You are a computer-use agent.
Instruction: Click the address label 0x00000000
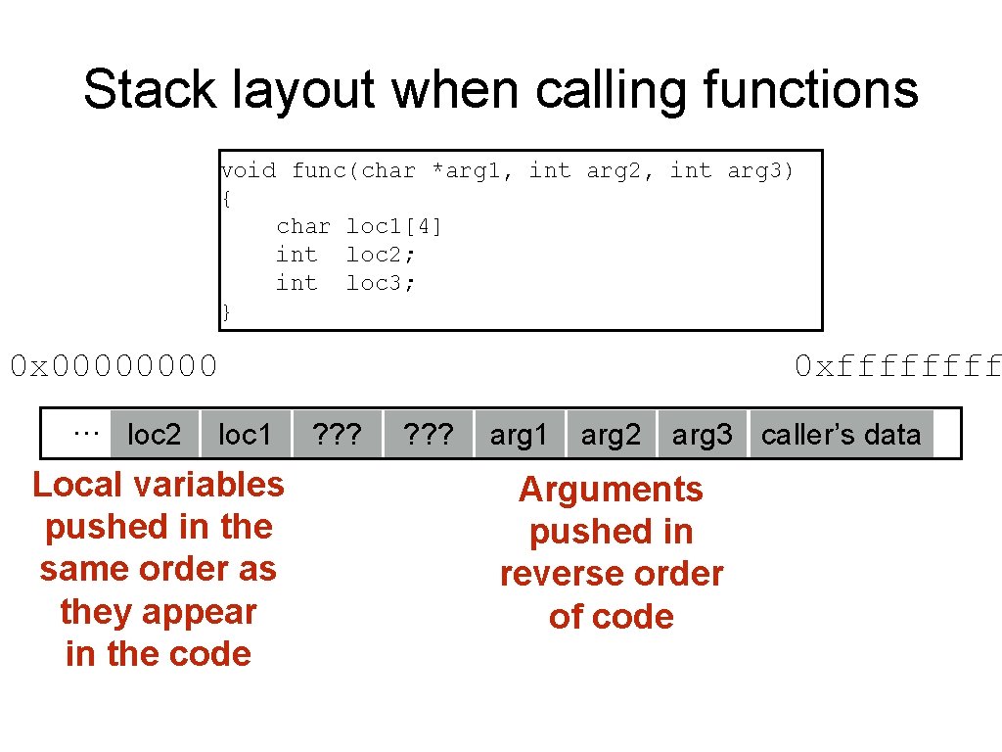pos(114,367)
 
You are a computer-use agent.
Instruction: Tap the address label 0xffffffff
pos(897,367)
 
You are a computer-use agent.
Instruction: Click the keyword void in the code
pos(249,171)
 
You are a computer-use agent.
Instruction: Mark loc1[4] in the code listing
pos(394,227)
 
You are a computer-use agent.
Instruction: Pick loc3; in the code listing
pos(381,284)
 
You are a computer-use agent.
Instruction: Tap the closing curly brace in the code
pos(227,312)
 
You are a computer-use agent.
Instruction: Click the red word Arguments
pos(611,490)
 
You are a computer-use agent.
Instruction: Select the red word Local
pos(76,485)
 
